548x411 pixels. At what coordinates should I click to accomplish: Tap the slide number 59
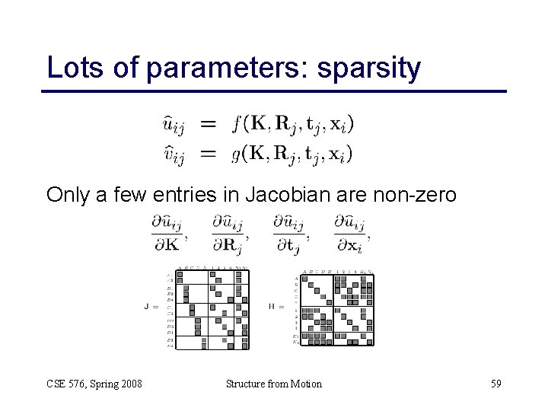495,384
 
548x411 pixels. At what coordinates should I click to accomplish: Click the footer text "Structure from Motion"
274,384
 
